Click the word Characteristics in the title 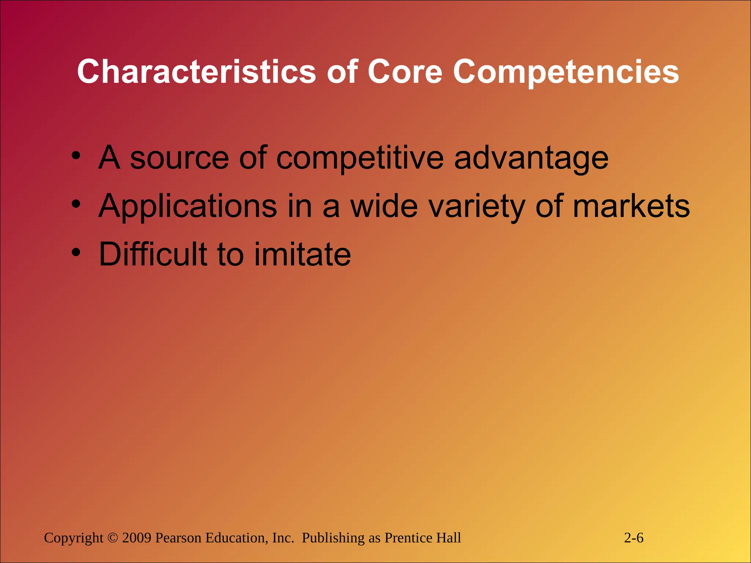pos(196,72)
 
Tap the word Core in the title pos(405,72)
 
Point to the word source pos(180,158)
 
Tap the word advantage pos(531,159)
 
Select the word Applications pos(188,207)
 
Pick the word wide pos(384,206)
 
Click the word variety pos(477,207)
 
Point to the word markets pos(631,206)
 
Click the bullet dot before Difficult pos(76,252)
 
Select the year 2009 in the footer pos(137,538)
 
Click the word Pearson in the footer pos(178,538)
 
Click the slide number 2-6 pos(634,538)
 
